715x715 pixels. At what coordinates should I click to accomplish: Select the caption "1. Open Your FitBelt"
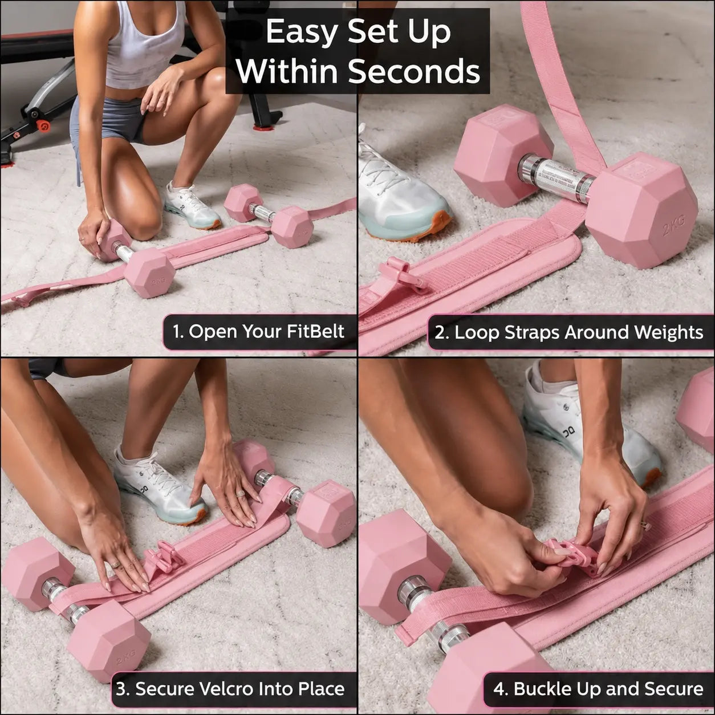[258, 331]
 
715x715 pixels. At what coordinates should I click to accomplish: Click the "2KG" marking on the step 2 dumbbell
[674, 225]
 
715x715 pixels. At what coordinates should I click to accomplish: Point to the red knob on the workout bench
[43, 125]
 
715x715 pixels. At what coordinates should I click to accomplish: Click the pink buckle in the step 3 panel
[163, 557]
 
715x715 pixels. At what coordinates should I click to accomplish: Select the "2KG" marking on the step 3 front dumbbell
[125, 659]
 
